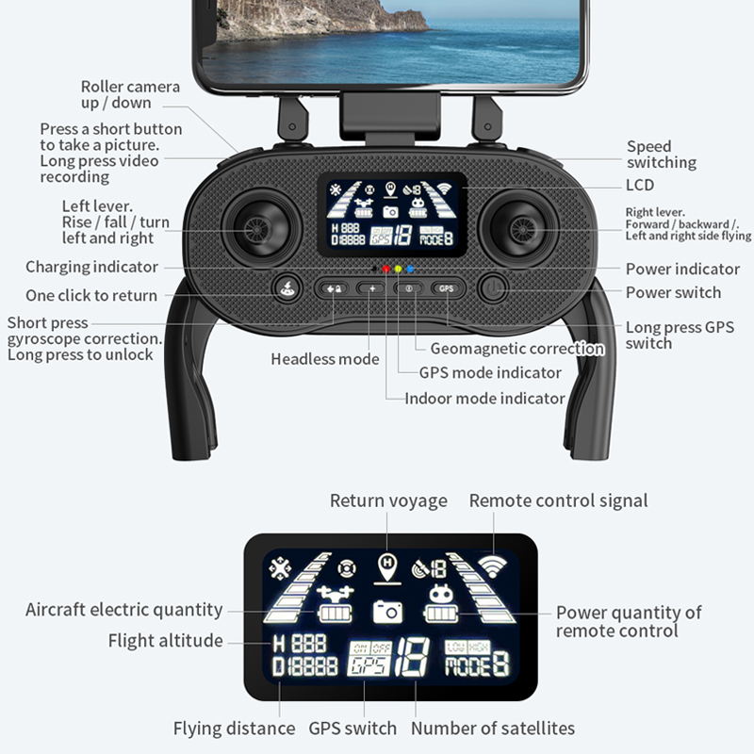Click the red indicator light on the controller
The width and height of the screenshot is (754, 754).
pos(385,269)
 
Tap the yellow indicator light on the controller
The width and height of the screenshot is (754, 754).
pos(398,269)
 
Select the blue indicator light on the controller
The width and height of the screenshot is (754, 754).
pos(410,269)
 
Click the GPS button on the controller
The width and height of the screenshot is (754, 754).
pos(446,288)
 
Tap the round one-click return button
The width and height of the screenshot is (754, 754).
pos(287,289)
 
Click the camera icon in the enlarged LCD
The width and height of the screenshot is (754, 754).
pos(387,612)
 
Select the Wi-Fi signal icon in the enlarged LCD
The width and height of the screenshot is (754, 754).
pos(492,566)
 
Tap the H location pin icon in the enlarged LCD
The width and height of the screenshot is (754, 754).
pos(387,568)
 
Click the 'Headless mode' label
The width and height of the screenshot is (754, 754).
pos(325,359)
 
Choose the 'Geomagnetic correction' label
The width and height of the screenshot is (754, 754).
pos(517,348)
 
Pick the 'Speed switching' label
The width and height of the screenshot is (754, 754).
pos(662,155)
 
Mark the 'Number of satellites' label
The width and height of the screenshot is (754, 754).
pos(493,728)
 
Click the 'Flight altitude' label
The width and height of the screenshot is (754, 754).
pos(166,641)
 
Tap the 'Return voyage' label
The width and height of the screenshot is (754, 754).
pos(388,500)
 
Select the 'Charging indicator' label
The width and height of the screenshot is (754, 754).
pos(91,267)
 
